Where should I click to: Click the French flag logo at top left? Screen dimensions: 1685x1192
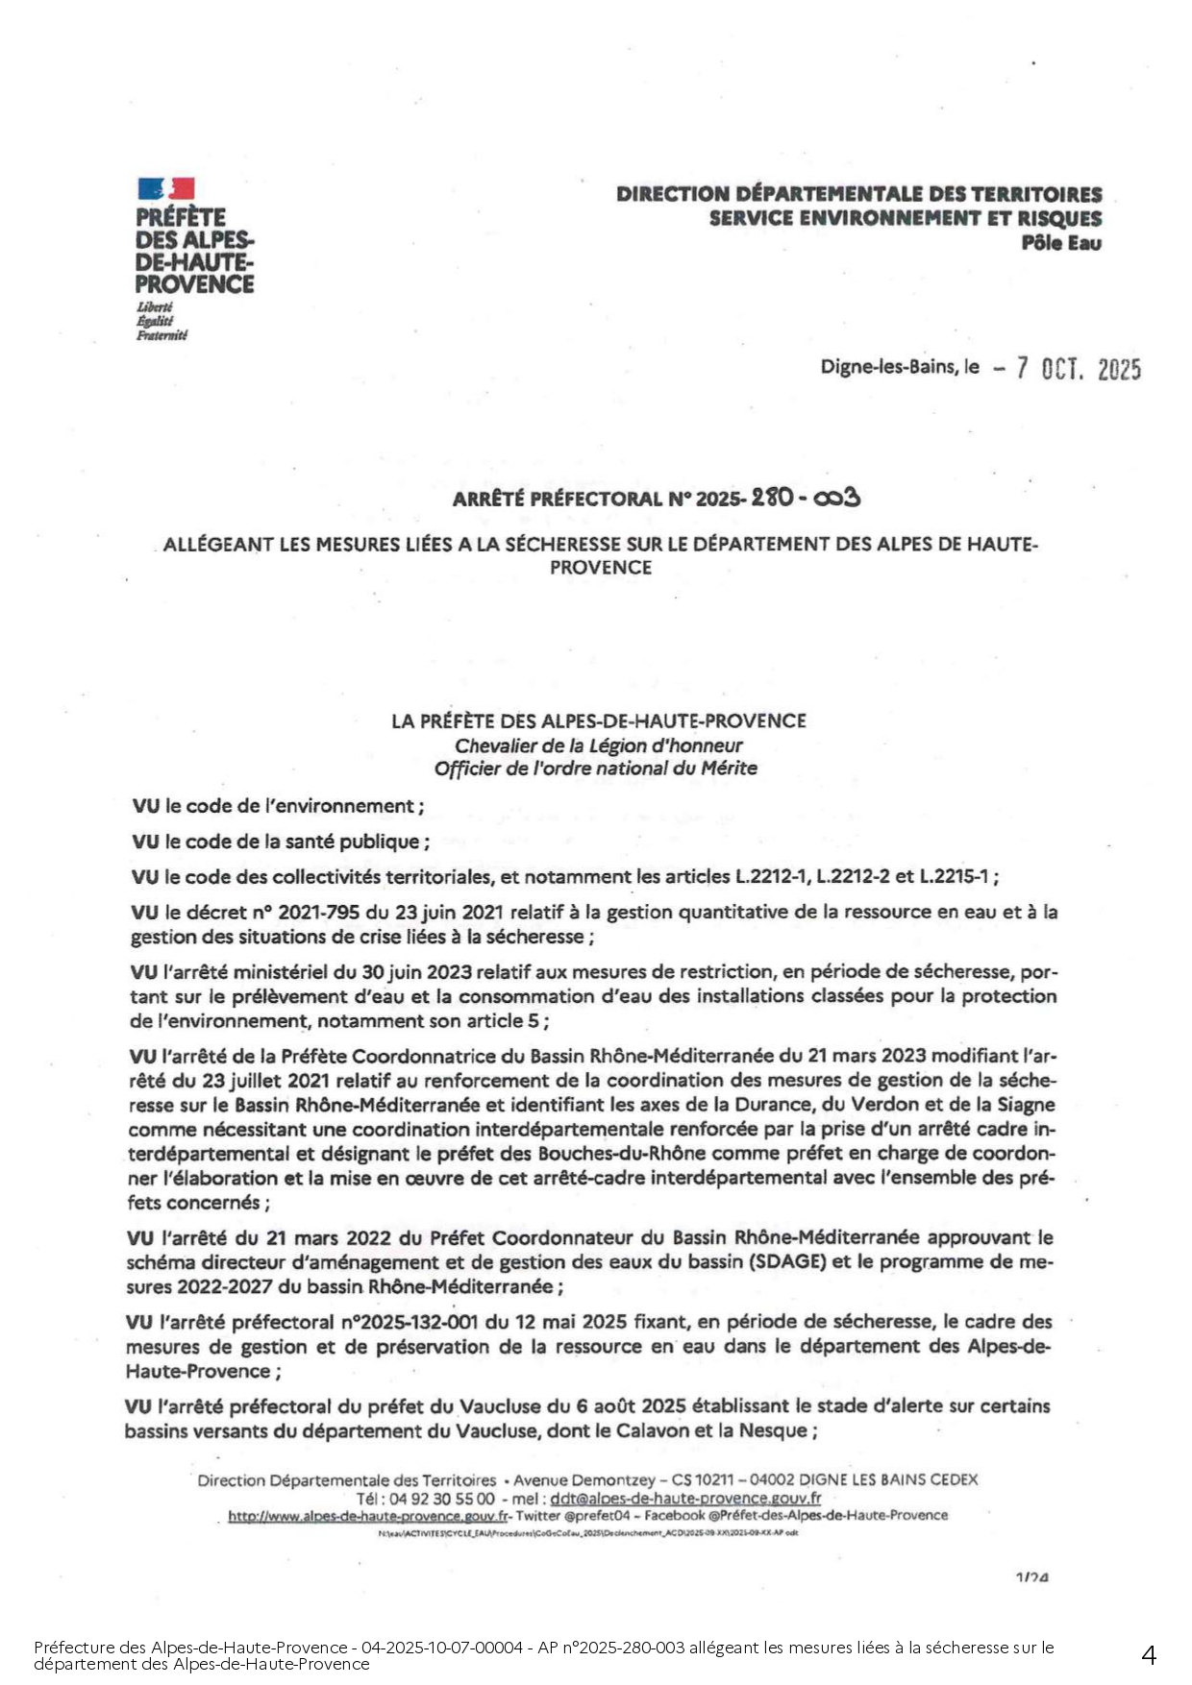166,188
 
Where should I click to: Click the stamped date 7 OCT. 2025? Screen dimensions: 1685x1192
1080,369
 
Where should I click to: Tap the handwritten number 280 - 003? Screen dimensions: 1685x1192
806,498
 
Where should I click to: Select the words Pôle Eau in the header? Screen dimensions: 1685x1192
1061,243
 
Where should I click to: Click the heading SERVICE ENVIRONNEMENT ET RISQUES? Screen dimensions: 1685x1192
906,218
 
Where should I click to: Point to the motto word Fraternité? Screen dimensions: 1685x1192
161,335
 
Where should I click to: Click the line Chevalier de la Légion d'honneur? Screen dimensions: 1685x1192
598,745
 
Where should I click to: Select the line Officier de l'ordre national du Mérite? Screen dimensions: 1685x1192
595,769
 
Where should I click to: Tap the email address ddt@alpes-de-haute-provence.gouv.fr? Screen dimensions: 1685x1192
685,1498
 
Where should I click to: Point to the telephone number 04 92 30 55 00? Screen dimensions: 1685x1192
441,1498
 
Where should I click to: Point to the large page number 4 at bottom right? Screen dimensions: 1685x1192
1149,1654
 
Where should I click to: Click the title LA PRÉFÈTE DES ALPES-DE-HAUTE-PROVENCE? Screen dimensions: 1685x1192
598,720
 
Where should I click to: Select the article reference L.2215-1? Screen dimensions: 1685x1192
956,876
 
